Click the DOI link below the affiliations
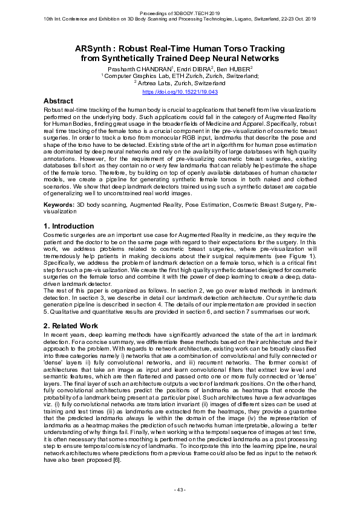pos(180,91)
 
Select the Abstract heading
pos(59,101)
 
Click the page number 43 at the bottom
pos(180,489)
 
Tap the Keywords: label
pos(59,206)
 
